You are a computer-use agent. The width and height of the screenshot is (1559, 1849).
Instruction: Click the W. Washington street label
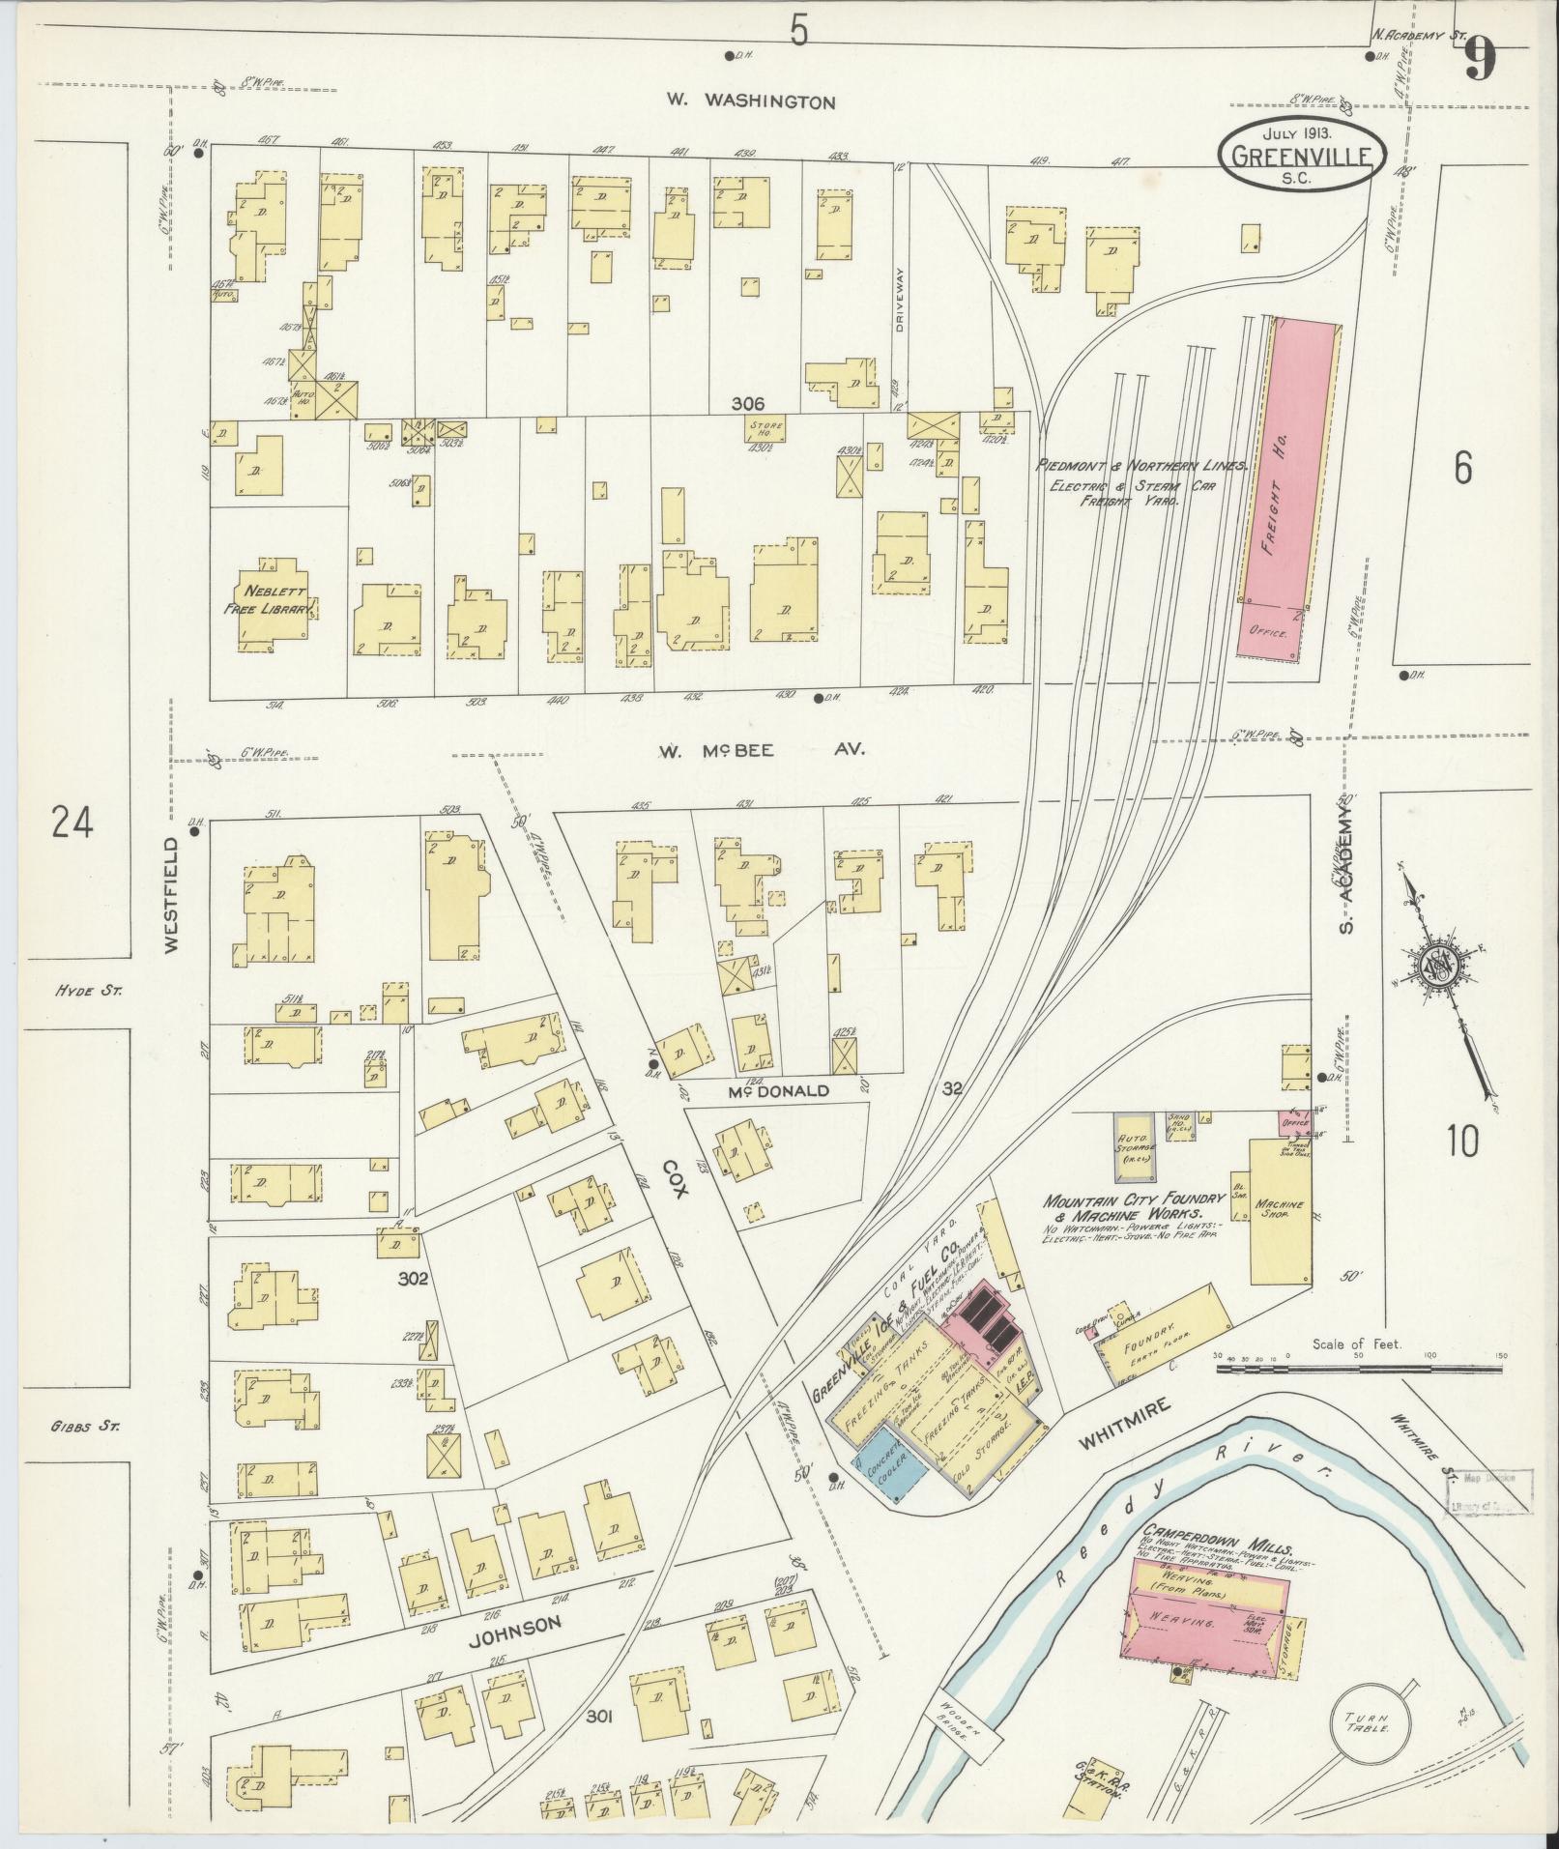(750, 101)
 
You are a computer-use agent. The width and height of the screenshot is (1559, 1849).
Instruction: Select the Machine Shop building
(1280, 1212)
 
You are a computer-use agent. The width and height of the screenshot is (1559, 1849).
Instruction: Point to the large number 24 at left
(73, 824)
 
